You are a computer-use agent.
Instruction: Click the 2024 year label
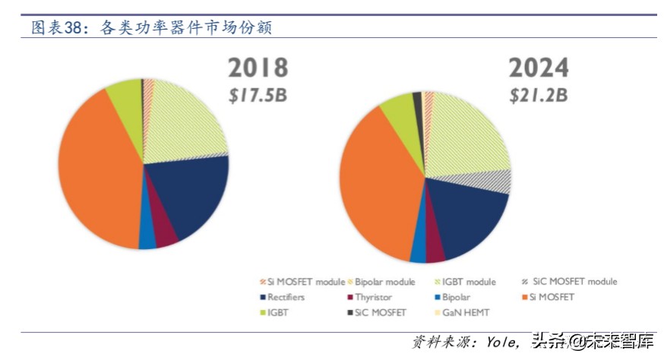[539, 68]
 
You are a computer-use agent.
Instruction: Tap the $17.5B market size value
[258, 96]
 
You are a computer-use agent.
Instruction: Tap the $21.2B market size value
[539, 96]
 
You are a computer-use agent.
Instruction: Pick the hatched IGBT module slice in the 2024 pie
[467, 137]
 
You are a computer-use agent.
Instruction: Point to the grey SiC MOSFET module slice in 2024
[494, 182]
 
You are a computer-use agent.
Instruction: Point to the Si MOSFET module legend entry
[302, 282]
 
